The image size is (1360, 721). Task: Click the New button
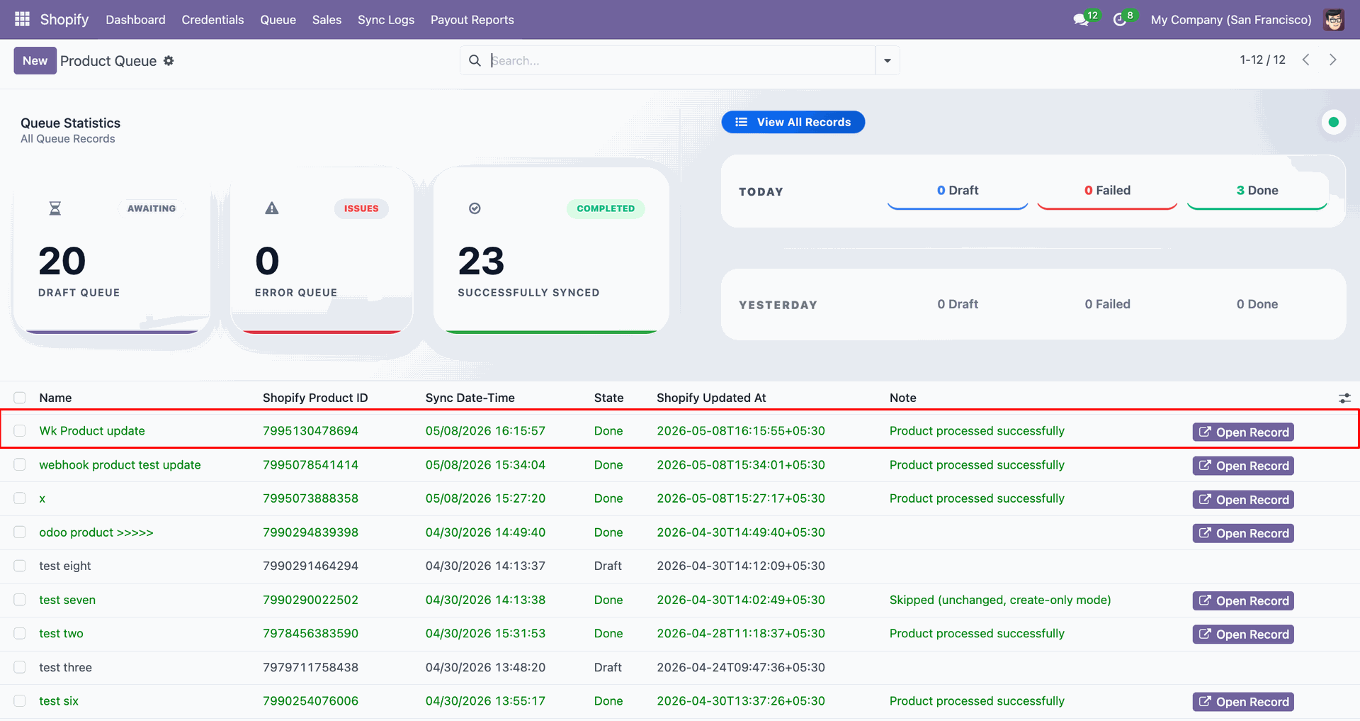pos(35,61)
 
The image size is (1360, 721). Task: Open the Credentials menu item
pos(212,20)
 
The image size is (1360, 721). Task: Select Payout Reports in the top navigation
pos(472,20)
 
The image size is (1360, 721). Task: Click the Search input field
pos(680,61)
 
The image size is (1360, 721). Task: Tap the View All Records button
pos(793,122)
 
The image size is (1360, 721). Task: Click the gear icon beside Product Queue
pos(169,61)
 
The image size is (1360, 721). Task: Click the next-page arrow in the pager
pos(1332,60)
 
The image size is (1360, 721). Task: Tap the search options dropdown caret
pos(888,61)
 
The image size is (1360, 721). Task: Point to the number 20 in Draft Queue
pos(62,261)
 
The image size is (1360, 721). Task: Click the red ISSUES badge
pos(361,208)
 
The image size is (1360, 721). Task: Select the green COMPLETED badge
pos(606,208)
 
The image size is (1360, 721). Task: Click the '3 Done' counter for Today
pos(1257,191)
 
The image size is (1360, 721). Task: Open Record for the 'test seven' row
pos(1243,601)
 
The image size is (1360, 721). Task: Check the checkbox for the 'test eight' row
pos(20,566)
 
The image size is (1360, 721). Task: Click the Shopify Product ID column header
pos(315,398)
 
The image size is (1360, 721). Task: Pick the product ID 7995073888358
pos(310,498)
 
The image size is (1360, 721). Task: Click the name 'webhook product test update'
pos(120,465)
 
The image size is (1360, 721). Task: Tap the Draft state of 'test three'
pos(608,667)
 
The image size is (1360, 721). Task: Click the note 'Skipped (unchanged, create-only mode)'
pos(1000,600)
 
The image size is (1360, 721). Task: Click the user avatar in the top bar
pos(1334,20)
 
